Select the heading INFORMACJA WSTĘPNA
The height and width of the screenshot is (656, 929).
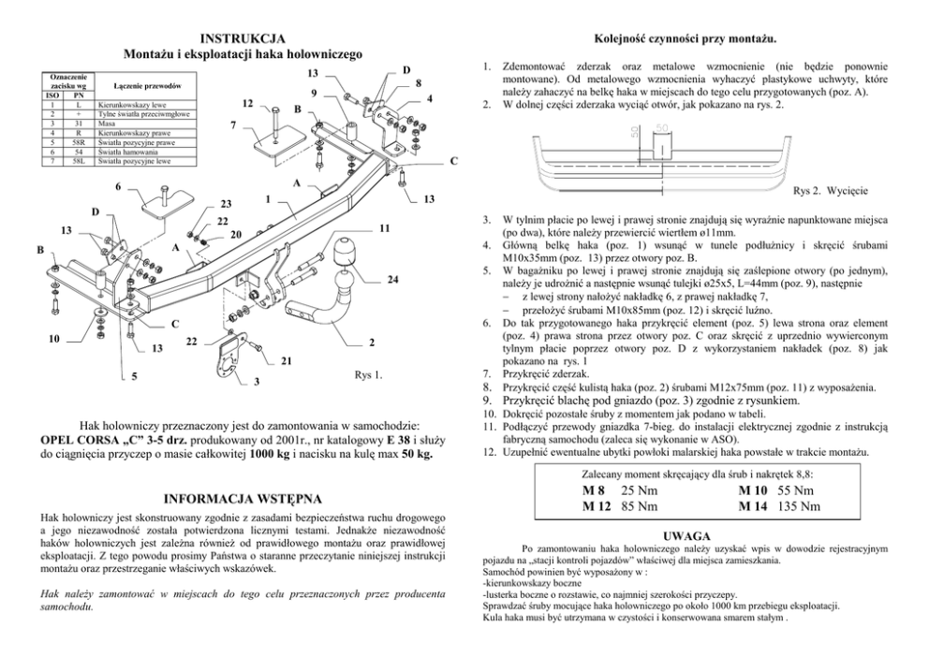click(243, 498)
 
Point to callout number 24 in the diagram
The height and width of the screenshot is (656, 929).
click(392, 280)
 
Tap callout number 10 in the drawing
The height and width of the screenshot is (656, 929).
click(54, 338)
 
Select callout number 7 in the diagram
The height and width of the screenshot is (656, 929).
click(232, 124)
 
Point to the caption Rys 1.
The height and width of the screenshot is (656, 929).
click(368, 376)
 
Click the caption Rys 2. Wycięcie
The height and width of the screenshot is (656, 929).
click(830, 191)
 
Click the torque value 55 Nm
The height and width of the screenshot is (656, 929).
click(795, 490)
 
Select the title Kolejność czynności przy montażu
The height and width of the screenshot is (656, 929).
click(685, 38)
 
